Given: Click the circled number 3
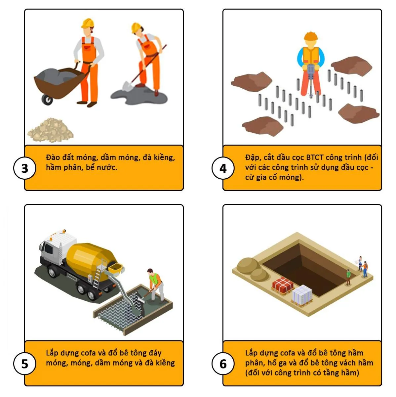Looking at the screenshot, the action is coord(25,168).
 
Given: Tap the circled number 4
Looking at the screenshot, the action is coord(223,168).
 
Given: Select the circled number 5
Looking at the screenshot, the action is coord(25,364).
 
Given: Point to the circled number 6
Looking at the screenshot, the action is coord(223,364).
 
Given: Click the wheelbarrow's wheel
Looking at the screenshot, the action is coord(47,100).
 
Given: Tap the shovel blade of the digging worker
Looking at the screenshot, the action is coord(127,86).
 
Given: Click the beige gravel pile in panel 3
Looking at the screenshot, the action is coord(51,130).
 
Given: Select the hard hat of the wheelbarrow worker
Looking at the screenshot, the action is coord(88,23).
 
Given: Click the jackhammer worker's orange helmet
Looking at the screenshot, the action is coord(311,36).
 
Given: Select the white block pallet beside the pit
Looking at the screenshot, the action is coord(302,295).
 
